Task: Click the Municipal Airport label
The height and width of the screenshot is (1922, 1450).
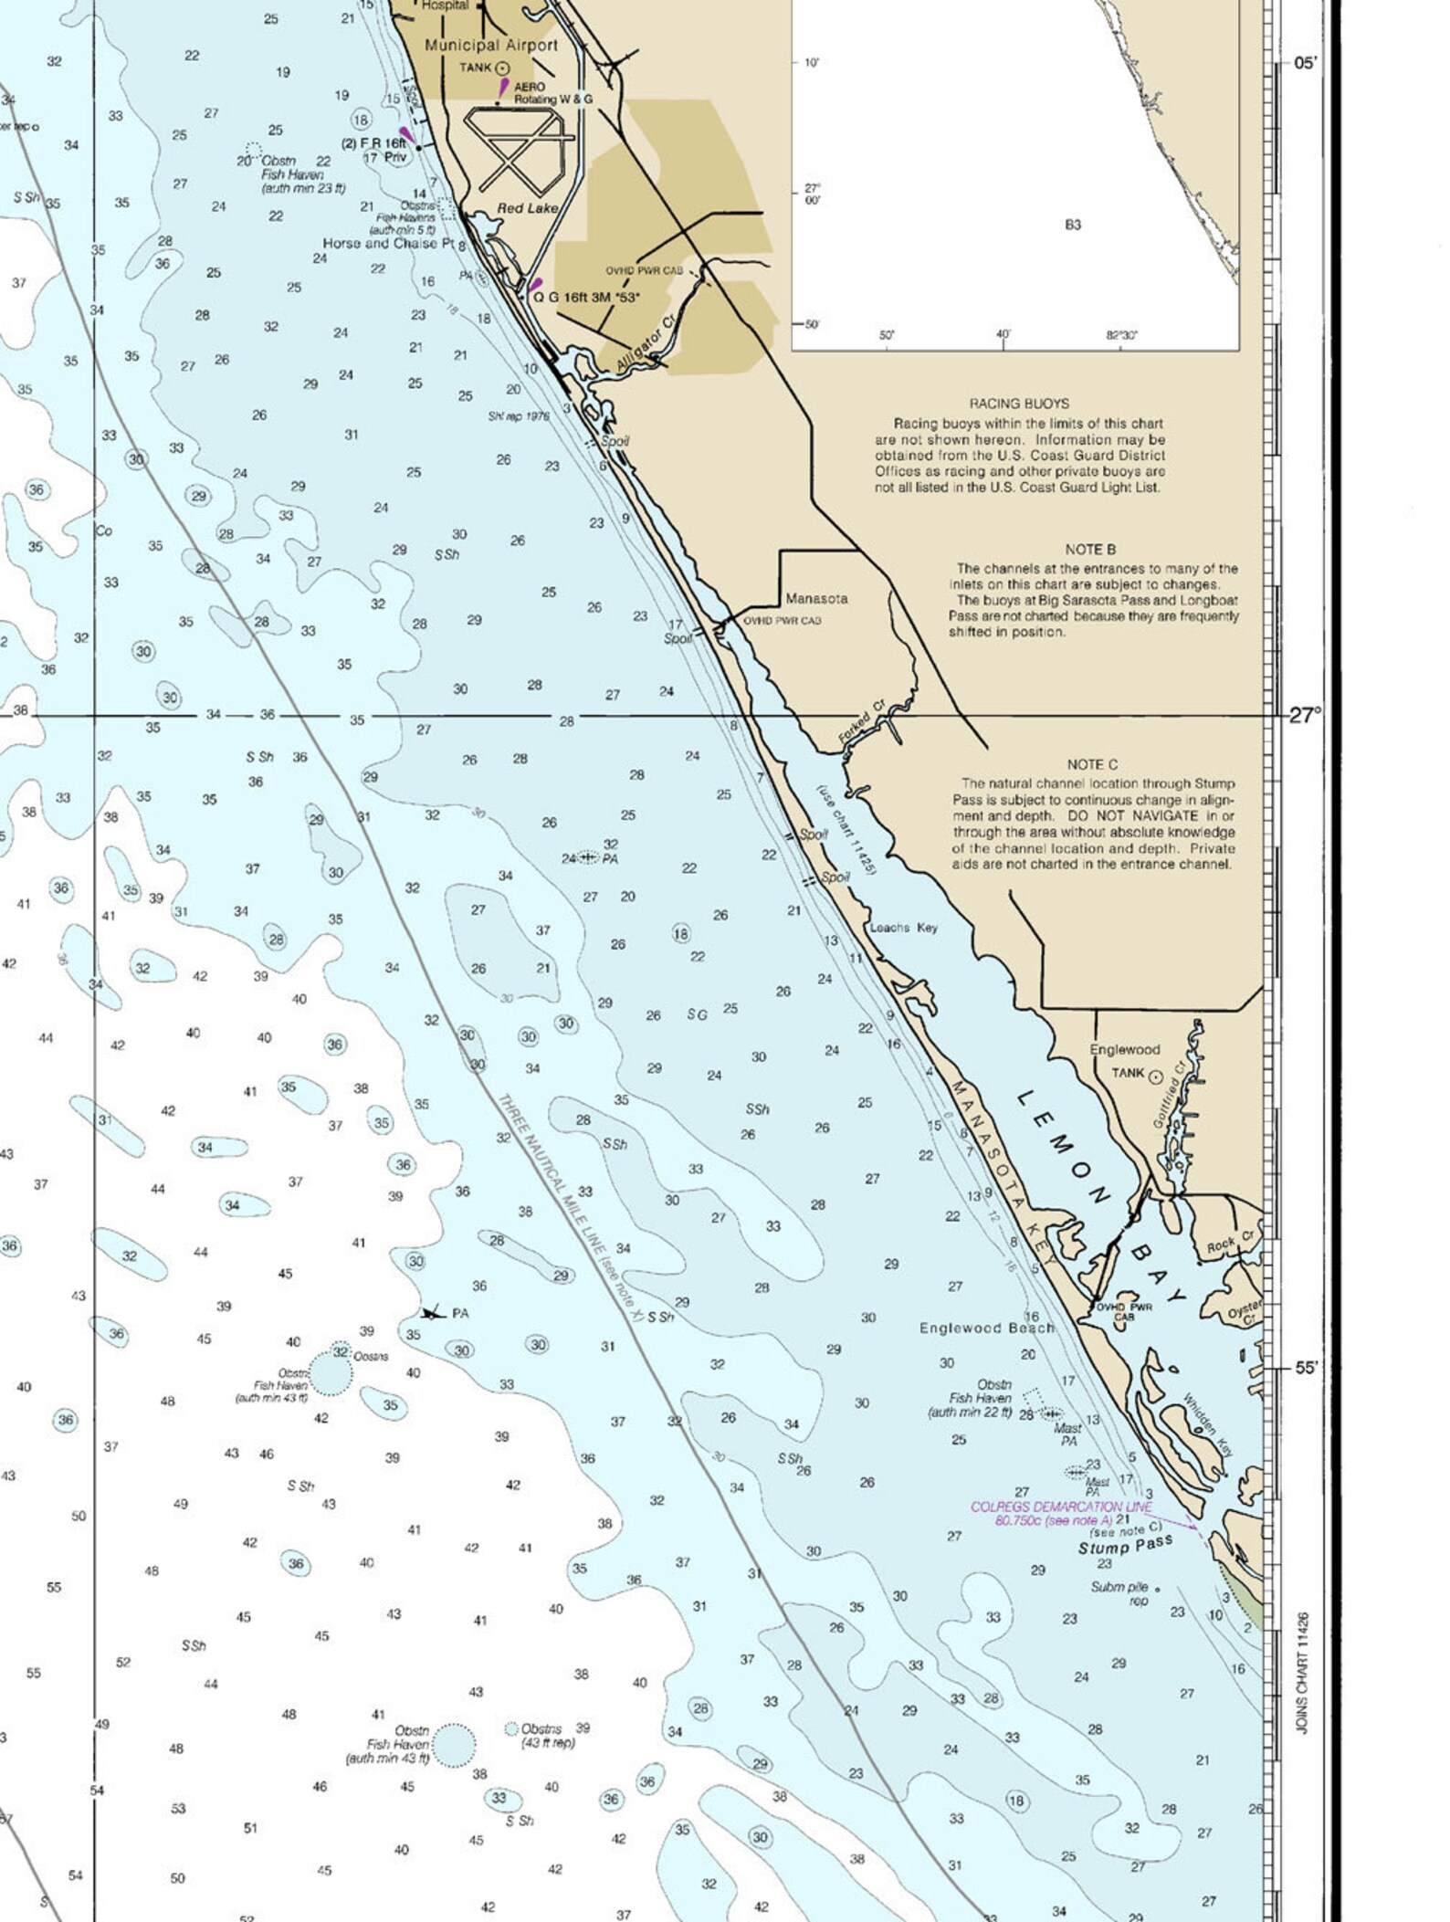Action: [x=491, y=45]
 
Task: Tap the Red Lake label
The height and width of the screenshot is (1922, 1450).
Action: [x=527, y=208]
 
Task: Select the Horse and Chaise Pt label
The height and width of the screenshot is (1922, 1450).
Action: [x=388, y=244]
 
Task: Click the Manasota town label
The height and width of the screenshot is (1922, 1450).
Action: [x=816, y=599]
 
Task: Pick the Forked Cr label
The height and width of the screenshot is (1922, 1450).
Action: [x=862, y=722]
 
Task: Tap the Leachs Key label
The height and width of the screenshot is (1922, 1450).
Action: [x=903, y=928]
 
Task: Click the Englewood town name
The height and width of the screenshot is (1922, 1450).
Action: [x=1124, y=1049]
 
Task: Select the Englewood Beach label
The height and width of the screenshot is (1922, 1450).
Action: [x=986, y=1328]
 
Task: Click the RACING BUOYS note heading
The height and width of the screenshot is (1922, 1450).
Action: [x=1019, y=404]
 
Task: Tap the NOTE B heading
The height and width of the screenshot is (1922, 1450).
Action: [x=1090, y=550]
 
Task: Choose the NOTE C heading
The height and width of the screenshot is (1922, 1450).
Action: [x=1092, y=764]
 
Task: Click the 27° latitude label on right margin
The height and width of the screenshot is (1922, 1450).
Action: [x=1305, y=715]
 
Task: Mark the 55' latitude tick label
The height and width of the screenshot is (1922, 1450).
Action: [x=1307, y=1368]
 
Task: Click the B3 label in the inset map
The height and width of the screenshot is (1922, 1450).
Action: [x=1072, y=225]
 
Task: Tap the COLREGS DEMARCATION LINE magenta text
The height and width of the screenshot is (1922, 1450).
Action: [x=1060, y=1507]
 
